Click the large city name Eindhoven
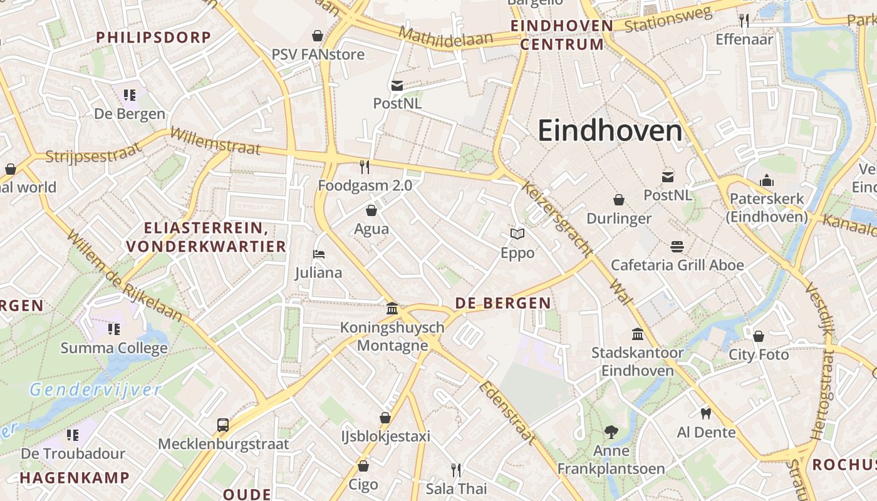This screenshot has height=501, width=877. pyautogui.click(x=610, y=131)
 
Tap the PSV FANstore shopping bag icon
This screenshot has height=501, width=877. pyautogui.click(x=318, y=36)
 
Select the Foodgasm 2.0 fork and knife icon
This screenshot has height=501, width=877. pyautogui.click(x=365, y=167)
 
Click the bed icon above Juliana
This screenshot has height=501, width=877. pyautogui.click(x=319, y=254)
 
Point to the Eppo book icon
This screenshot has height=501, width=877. pyautogui.click(x=517, y=234)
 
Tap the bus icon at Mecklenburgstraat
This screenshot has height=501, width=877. pyautogui.click(x=223, y=425)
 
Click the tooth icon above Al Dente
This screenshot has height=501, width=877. pyautogui.click(x=706, y=413)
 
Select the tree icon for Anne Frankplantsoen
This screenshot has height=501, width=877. pyautogui.click(x=611, y=431)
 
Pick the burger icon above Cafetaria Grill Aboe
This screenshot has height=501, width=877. pyautogui.click(x=677, y=246)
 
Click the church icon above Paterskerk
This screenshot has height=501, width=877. pyautogui.click(x=767, y=181)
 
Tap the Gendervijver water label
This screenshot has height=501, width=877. pyautogui.click(x=95, y=390)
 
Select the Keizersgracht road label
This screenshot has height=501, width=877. pyautogui.click(x=557, y=219)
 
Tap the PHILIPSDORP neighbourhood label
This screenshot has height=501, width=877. pyautogui.click(x=153, y=37)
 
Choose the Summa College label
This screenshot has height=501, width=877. pyautogui.click(x=114, y=348)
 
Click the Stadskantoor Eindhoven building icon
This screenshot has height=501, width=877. pyautogui.click(x=638, y=334)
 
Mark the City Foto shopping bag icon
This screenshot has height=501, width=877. pyautogui.click(x=758, y=336)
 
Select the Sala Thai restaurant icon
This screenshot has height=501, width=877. pyautogui.click(x=456, y=470)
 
